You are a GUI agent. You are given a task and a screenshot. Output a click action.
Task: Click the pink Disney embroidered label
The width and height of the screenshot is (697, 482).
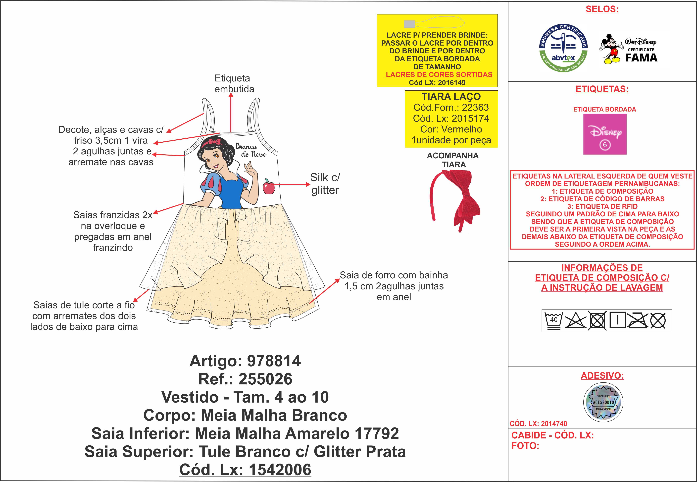tap(605, 134)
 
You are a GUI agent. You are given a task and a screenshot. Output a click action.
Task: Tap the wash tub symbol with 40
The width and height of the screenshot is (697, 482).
tap(553, 320)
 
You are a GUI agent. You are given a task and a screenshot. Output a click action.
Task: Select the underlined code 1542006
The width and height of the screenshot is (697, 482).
tap(280, 470)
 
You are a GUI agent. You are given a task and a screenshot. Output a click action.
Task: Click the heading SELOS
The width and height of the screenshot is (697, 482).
tap(602, 9)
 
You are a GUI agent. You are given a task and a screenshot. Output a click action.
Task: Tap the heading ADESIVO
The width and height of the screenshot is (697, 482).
tap(602, 375)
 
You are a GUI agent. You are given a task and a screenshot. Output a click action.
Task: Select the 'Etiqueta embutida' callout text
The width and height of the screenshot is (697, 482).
tap(234, 84)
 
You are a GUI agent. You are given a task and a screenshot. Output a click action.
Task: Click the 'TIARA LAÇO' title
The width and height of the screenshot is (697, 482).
tap(451, 97)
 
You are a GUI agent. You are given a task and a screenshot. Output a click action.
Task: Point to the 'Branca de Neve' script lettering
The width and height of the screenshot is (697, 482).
tap(250, 150)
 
